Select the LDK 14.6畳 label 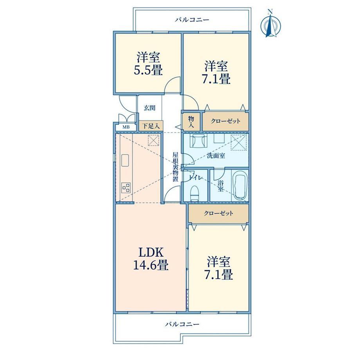pos(151,259)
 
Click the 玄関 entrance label pos(149,108)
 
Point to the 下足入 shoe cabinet pos(151,126)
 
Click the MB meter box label pos(126,127)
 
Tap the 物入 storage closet pos(191,122)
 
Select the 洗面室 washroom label pos(216,156)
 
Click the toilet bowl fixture pos(195,193)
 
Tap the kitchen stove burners pos(126,187)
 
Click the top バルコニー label pos(192,20)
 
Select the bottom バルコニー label pos(182,324)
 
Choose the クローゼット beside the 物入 pos(225,121)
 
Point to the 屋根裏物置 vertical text pos(175,167)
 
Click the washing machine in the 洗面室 pos(199,142)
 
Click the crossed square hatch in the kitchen pos(153,140)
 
